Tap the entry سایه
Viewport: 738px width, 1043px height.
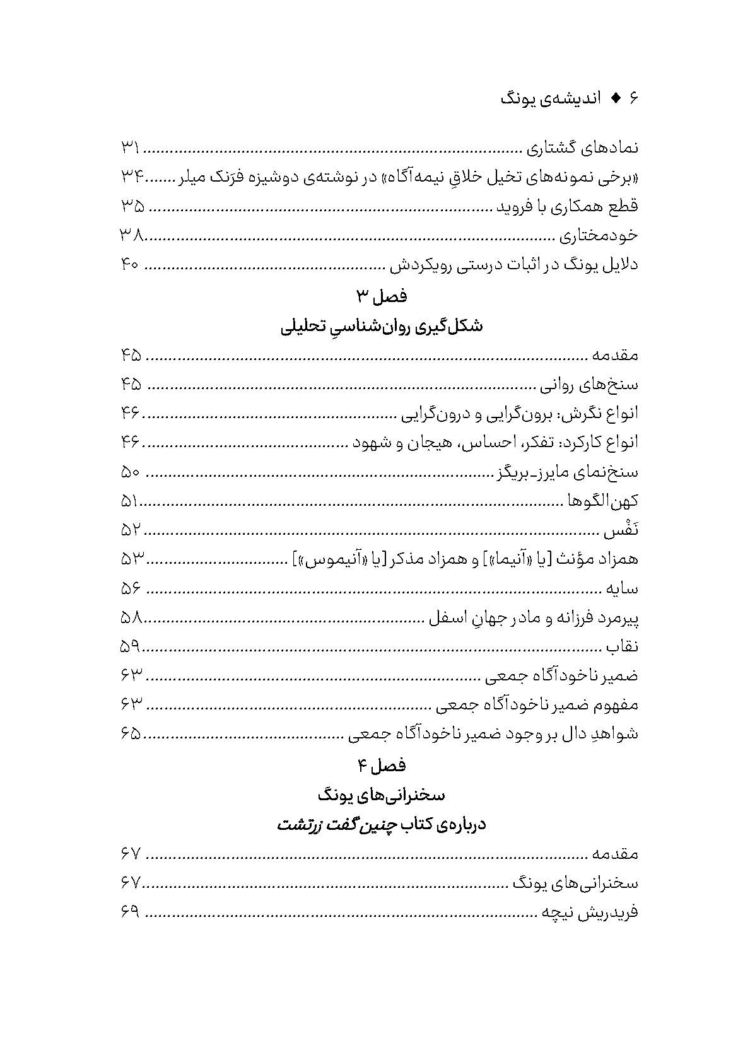point(622,589)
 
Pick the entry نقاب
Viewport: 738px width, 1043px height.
point(622,647)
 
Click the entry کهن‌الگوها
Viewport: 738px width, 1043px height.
point(601,501)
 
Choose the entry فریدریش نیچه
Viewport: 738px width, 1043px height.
point(589,912)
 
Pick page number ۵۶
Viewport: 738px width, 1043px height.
point(131,589)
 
